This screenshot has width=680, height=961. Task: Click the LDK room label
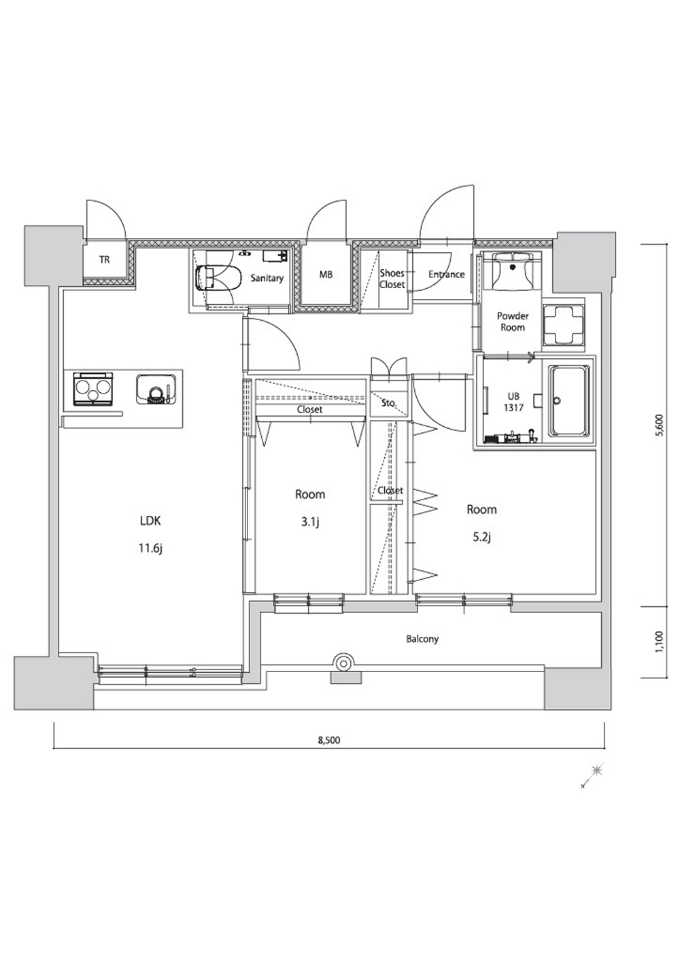[x=150, y=521]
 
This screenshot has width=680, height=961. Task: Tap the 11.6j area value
[x=151, y=548]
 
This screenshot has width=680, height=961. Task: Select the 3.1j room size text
[x=309, y=522]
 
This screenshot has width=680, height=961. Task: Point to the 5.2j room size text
[x=481, y=537]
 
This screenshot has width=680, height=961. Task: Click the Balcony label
[x=422, y=640]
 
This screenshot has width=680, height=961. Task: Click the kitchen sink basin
[x=156, y=389]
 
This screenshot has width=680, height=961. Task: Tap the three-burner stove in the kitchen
[x=92, y=389]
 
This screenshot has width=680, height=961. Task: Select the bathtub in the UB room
[x=569, y=402]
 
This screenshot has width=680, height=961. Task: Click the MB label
[x=326, y=274]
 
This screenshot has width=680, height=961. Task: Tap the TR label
[x=104, y=260]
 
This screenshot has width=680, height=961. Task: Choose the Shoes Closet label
[x=392, y=279]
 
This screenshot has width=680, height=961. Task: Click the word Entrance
[x=447, y=274]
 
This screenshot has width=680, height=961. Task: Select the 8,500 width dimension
[x=329, y=740]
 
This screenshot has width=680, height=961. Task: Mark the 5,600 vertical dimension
[x=661, y=425]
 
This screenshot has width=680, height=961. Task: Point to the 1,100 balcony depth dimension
[x=661, y=642]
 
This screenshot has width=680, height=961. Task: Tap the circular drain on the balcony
[x=343, y=664]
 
